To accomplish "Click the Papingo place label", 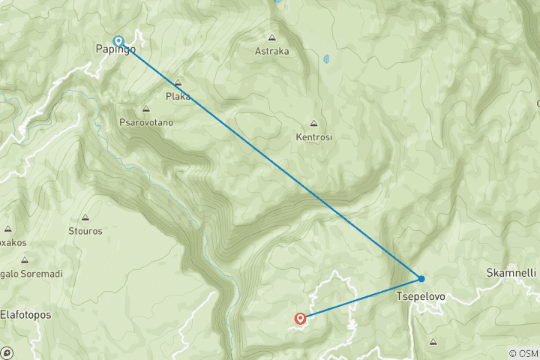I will (x=115, y=49).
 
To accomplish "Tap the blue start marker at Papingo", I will (x=118, y=40).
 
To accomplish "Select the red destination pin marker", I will (x=301, y=319).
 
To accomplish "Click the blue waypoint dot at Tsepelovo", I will (x=421, y=279).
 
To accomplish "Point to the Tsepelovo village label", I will (x=420, y=296).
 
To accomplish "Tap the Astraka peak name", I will (x=271, y=51).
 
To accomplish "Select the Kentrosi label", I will (x=313, y=137).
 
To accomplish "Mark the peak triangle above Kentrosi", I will (x=313, y=124).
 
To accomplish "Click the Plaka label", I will (x=178, y=96).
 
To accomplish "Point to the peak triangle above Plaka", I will (x=178, y=83).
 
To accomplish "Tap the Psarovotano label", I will (x=145, y=121).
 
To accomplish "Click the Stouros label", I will (x=85, y=231).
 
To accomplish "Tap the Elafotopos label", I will (x=25, y=315).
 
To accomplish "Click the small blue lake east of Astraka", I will (x=325, y=58).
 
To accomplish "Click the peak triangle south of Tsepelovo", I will (x=433, y=342).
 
